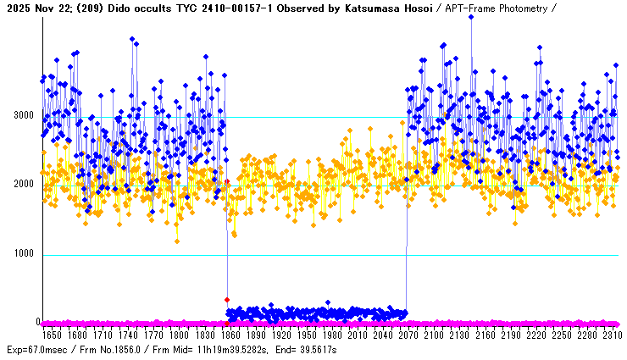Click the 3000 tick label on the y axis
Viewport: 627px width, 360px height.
tap(23, 115)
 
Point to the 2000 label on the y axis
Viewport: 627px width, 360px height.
tap(23, 185)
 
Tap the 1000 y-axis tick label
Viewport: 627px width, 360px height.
tap(23, 254)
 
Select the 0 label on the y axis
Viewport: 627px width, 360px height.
tap(37, 322)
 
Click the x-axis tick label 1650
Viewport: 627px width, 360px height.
tap(53, 335)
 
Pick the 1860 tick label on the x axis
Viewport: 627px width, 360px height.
tap(230, 335)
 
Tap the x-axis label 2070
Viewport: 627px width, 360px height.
tap(408, 335)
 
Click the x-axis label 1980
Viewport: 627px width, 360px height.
tap(331, 335)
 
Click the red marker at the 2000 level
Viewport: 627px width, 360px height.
tap(227, 181)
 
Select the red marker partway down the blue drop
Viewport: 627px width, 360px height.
tap(227, 300)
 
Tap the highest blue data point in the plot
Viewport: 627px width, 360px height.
tap(471, 17)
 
